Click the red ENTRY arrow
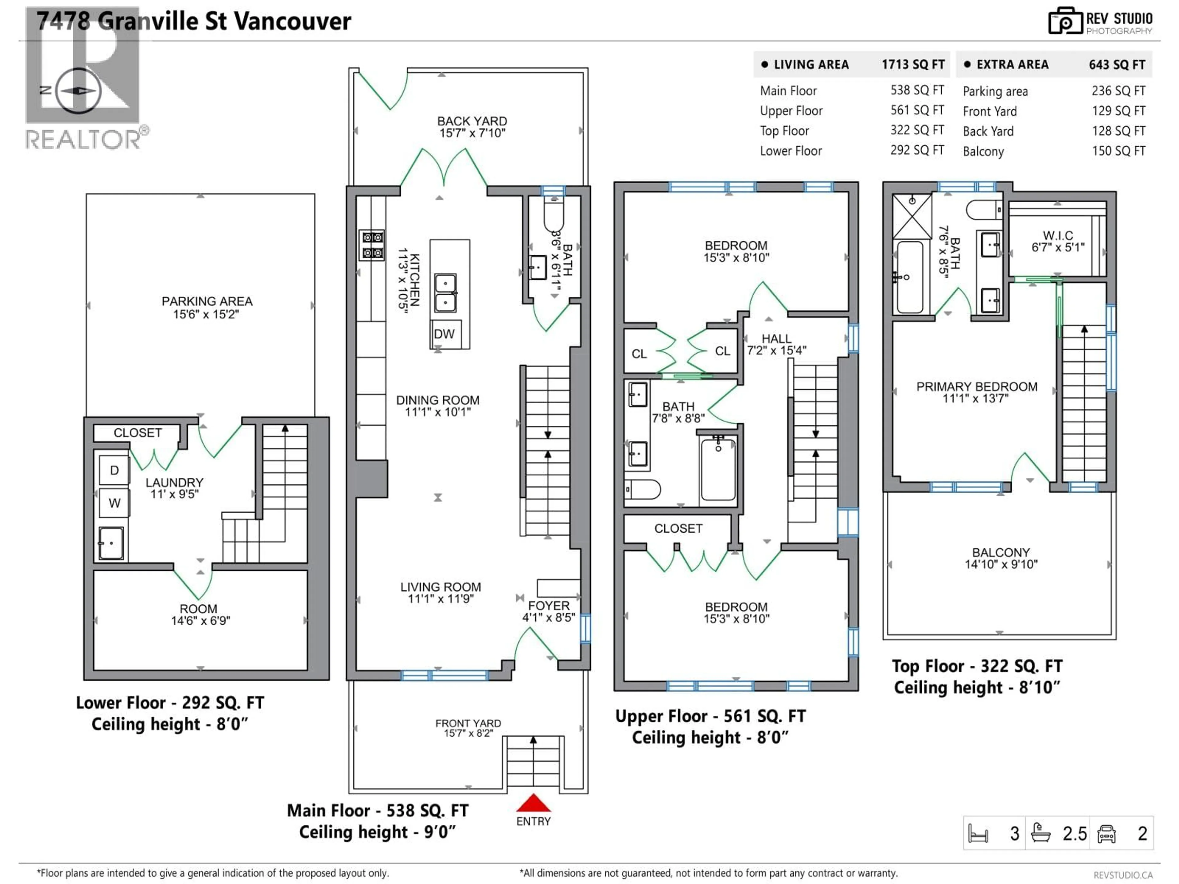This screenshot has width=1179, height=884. coord(533,803)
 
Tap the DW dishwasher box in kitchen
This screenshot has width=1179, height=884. coord(444,334)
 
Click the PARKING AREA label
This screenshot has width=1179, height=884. coord(207,302)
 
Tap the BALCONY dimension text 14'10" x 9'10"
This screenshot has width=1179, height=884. coord(1001,564)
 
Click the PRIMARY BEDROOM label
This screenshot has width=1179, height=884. coord(976,387)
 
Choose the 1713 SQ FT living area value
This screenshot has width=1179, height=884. coord(912,64)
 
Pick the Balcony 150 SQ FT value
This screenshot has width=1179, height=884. coord(1118,151)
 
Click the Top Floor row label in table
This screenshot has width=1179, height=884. coord(784,131)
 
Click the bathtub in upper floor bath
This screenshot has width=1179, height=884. coord(718,469)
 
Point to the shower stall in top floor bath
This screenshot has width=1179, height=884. coord(912,216)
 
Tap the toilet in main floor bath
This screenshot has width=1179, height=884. coord(553,216)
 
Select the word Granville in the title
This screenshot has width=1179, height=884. coord(162,21)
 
